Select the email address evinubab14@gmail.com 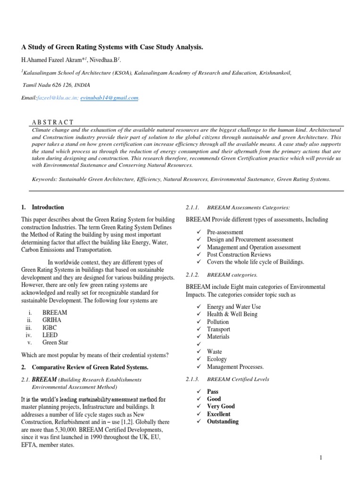tap(116, 98)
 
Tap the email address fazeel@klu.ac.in tap(57, 98)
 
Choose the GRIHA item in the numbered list tap(52, 319)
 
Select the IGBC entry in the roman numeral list tap(50, 327)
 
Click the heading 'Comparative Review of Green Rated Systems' tap(90, 367)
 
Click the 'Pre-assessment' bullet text tap(225, 232)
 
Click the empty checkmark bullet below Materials tap(200, 344)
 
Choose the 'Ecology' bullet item tap(218, 359)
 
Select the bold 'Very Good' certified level tap(221, 406)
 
